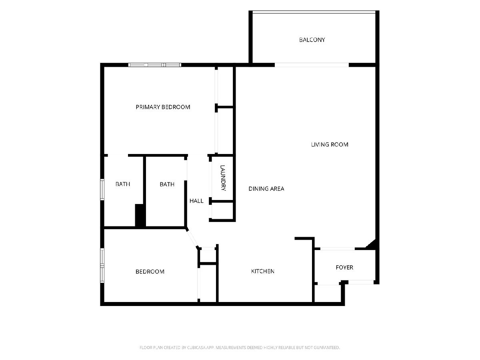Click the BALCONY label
pos(312,40)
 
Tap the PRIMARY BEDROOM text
pos(163,107)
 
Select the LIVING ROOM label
pos(330,144)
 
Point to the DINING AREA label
pos(266,189)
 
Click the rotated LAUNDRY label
pos(223,178)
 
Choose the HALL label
pos(196,201)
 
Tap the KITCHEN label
pos(263,271)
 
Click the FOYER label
pos(344,267)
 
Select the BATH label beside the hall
pos(167,184)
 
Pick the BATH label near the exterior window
pos(123,184)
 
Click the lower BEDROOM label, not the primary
pos(150,272)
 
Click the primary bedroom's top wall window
pos(155,65)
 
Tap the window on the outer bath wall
pos(102,190)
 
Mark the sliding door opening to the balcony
pos(312,65)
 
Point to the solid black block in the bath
pos(140,215)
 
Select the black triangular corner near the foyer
pos(372,244)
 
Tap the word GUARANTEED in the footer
pos(326,347)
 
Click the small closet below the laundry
pos(222,210)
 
